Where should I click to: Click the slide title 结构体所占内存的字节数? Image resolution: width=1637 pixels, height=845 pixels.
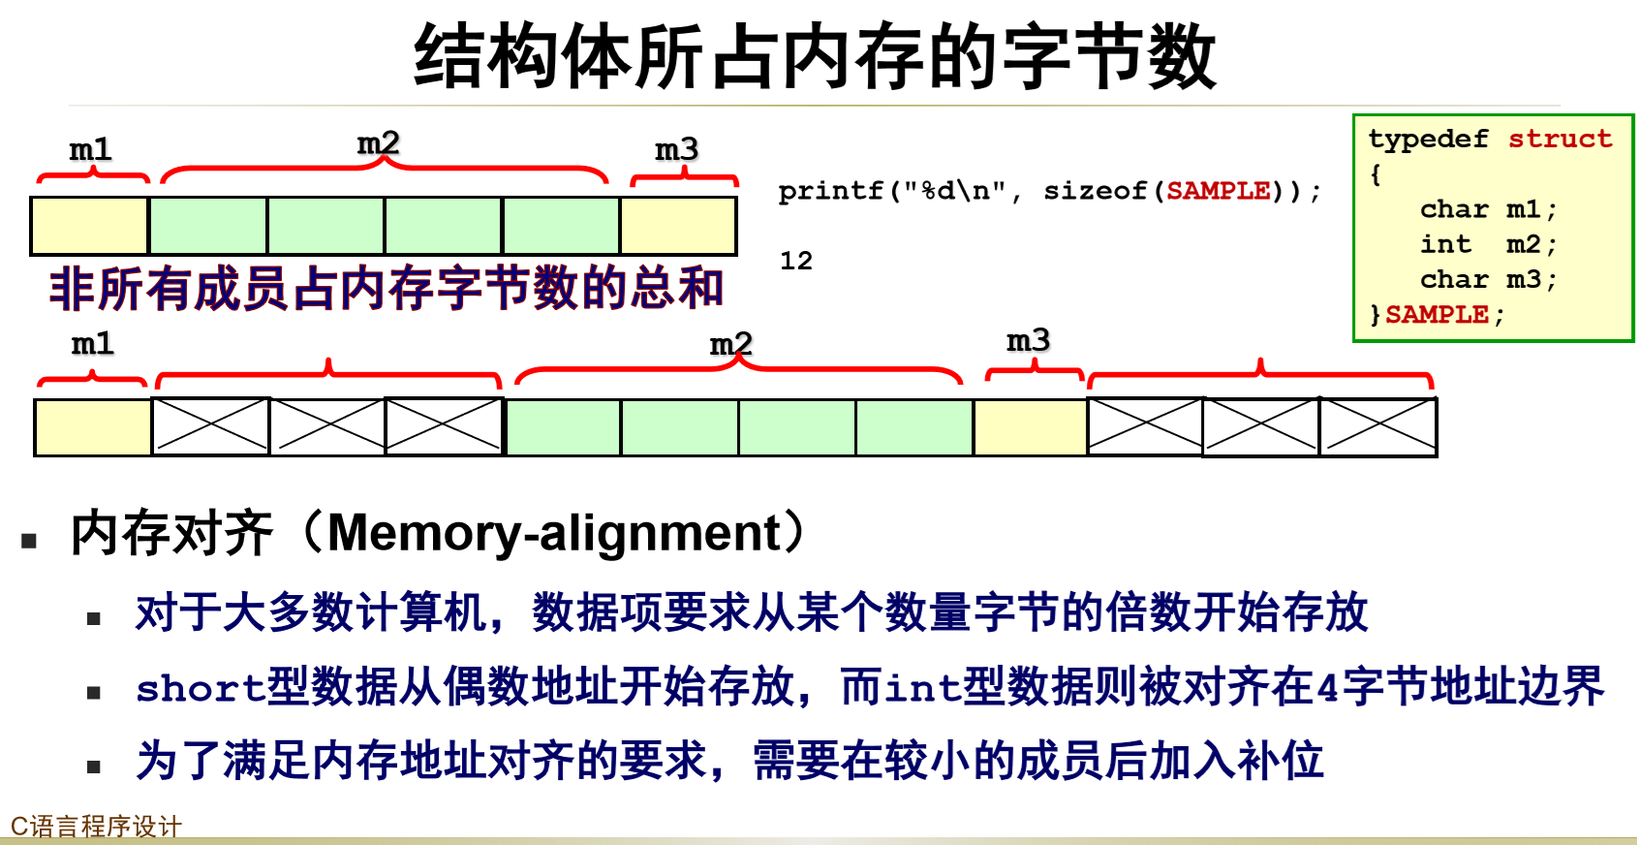(x=815, y=56)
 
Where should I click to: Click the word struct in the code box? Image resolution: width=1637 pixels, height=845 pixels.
(x=1560, y=139)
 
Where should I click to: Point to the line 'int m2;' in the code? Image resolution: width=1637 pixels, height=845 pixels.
(x=1487, y=244)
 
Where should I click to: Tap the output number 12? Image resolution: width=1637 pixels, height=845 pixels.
(x=796, y=261)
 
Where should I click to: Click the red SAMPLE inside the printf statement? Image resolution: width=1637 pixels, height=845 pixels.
(x=1218, y=191)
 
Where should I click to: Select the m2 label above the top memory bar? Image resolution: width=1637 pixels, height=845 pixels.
(x=378, y=143)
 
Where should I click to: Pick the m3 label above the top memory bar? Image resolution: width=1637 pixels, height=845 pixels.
(x=676, y=149)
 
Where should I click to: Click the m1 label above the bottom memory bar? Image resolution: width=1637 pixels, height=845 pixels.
(x=93, y=343)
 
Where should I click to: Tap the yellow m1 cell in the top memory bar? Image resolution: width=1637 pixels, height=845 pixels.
(x=89, y=226)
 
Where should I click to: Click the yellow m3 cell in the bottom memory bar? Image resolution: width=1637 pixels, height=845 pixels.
(x=1030, y=426)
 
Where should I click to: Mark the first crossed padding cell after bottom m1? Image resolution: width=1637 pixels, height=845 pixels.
(x=210, y=426)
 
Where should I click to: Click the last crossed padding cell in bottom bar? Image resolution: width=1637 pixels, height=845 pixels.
(x=1377, y=426)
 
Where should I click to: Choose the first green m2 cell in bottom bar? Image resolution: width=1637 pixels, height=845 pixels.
(x=563, y=426)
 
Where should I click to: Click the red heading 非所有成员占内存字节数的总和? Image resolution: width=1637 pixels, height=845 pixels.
(x=386, y=288)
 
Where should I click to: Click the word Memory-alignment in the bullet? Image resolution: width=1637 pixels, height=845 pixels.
(x=554, y=532)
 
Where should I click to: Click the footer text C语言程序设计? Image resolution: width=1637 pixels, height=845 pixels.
(x=96, y=827)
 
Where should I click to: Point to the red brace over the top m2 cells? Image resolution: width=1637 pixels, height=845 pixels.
(x=384, y=171)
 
